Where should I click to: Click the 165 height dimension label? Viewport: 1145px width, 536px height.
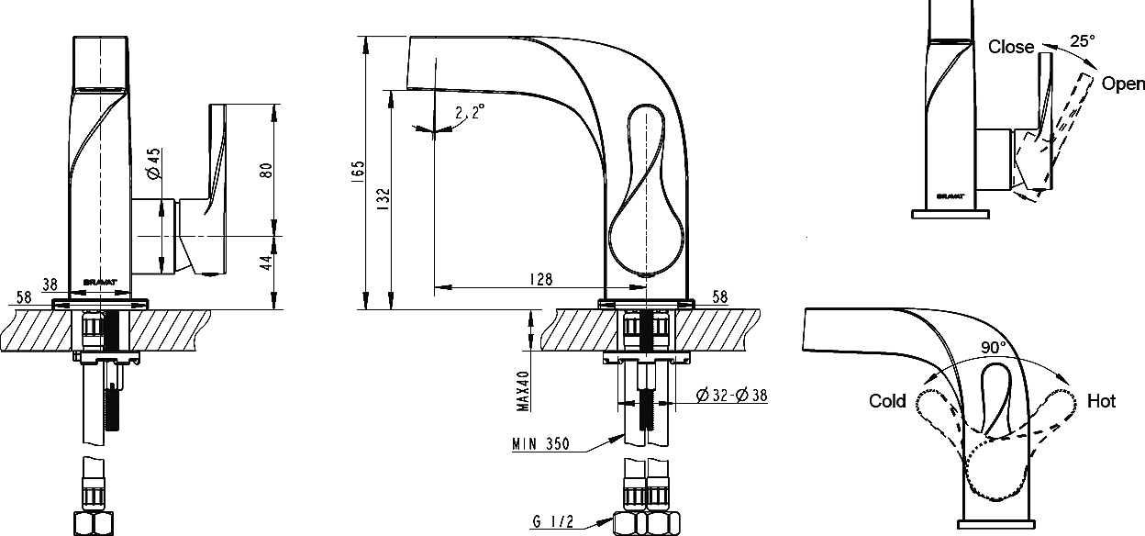point(359,169)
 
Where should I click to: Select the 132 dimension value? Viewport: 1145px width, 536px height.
point(384,199)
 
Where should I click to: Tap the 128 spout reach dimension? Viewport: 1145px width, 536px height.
point(541,279)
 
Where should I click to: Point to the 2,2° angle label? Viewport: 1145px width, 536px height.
point(470,111)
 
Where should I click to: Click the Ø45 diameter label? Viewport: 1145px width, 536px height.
point(154,163)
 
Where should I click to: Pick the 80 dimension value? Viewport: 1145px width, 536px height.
point(266,171)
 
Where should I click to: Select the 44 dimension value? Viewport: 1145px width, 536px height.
point(266,262)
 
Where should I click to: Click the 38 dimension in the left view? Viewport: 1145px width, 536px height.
point(50,285)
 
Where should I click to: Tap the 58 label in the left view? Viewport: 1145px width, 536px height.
point(24,297)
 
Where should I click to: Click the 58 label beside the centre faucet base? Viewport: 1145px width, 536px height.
point(719,296)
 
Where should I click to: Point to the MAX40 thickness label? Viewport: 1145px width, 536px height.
point(523,391)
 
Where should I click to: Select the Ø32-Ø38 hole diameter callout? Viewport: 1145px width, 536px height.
point(732,395)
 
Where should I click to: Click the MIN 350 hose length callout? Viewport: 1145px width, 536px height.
point(540,443)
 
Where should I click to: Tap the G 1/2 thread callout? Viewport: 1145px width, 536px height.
point(553,521)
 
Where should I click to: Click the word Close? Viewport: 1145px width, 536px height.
point(1010,47)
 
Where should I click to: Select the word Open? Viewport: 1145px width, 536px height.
point(1123,84)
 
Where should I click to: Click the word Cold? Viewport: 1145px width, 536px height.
point(887,400)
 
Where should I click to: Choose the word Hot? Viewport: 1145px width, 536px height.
point(1101,401)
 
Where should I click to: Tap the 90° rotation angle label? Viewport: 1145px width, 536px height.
point(994,348)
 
